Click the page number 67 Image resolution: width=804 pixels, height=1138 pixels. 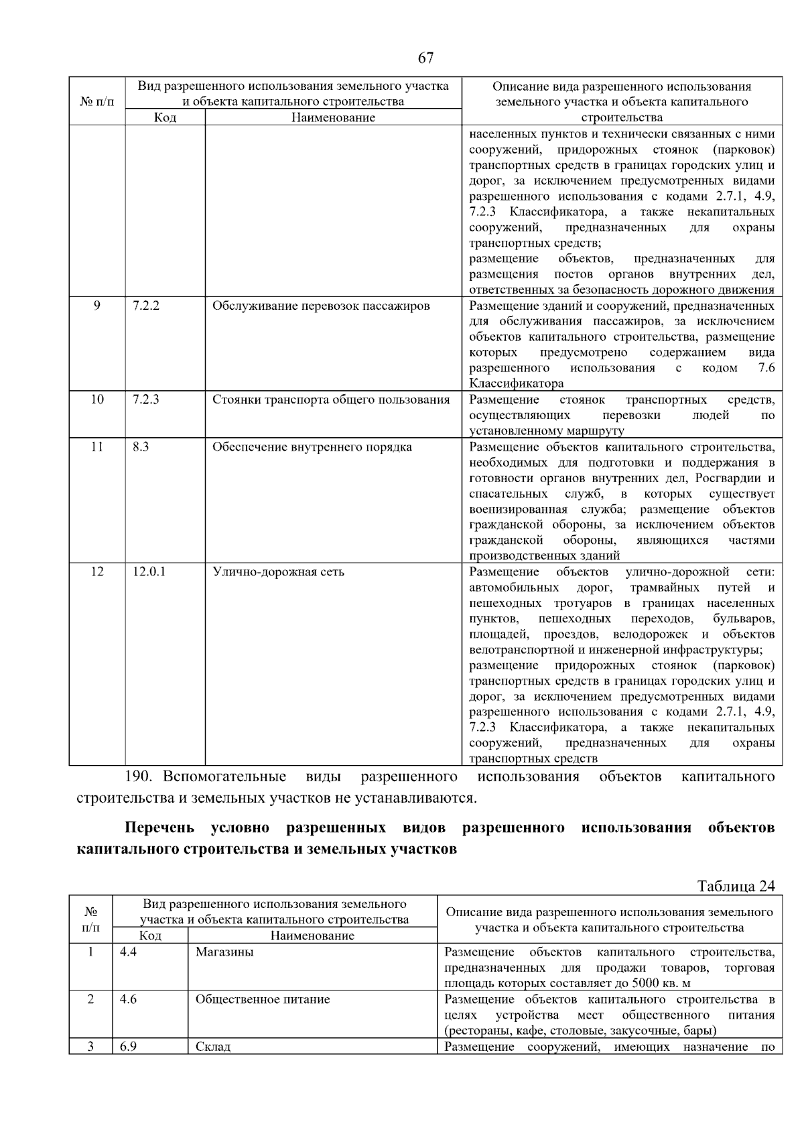[425, 58]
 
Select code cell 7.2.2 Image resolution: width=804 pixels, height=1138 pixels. [146, 306]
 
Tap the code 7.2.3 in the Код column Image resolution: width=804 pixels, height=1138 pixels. [146, 400]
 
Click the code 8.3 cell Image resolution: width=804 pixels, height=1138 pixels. [141, 447]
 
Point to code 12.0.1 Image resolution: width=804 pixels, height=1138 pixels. [149, 571]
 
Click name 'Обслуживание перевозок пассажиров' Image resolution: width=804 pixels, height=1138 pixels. [321, 306]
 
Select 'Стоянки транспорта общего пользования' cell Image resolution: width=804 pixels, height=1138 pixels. [331, 400]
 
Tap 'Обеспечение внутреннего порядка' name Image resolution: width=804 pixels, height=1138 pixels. [312, 447]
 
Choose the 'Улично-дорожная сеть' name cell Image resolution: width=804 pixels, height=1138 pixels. [278, 571]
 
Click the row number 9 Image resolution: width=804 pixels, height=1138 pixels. [97, 306]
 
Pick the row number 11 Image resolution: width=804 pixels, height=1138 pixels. [97, 447]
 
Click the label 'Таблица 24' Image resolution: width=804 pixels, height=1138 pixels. [736, 886]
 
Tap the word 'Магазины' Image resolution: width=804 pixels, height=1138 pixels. [224, 952]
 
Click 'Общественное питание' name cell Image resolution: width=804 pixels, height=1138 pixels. [263, 999]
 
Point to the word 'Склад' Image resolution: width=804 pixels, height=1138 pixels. [213, 1046]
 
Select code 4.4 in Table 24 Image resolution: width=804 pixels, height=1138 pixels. [128, 952]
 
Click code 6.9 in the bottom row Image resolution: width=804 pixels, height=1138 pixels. [128, 1046]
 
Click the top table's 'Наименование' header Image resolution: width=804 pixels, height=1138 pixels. [333, 117]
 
